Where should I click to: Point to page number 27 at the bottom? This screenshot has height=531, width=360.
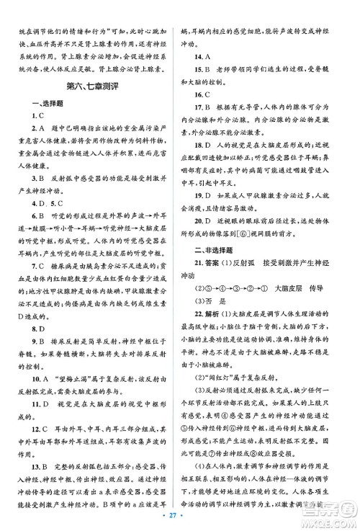(x=180, y=518)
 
